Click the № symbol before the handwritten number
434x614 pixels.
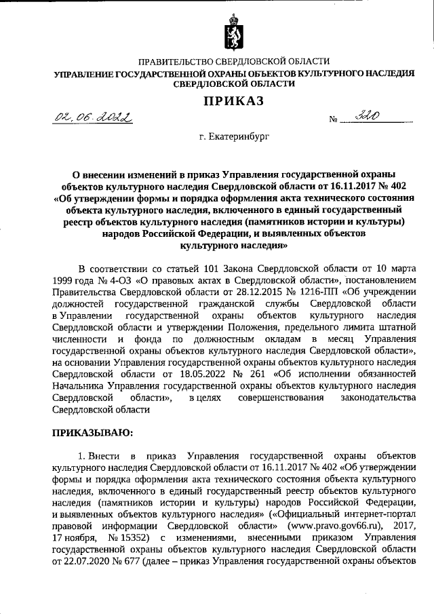[333, 121]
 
